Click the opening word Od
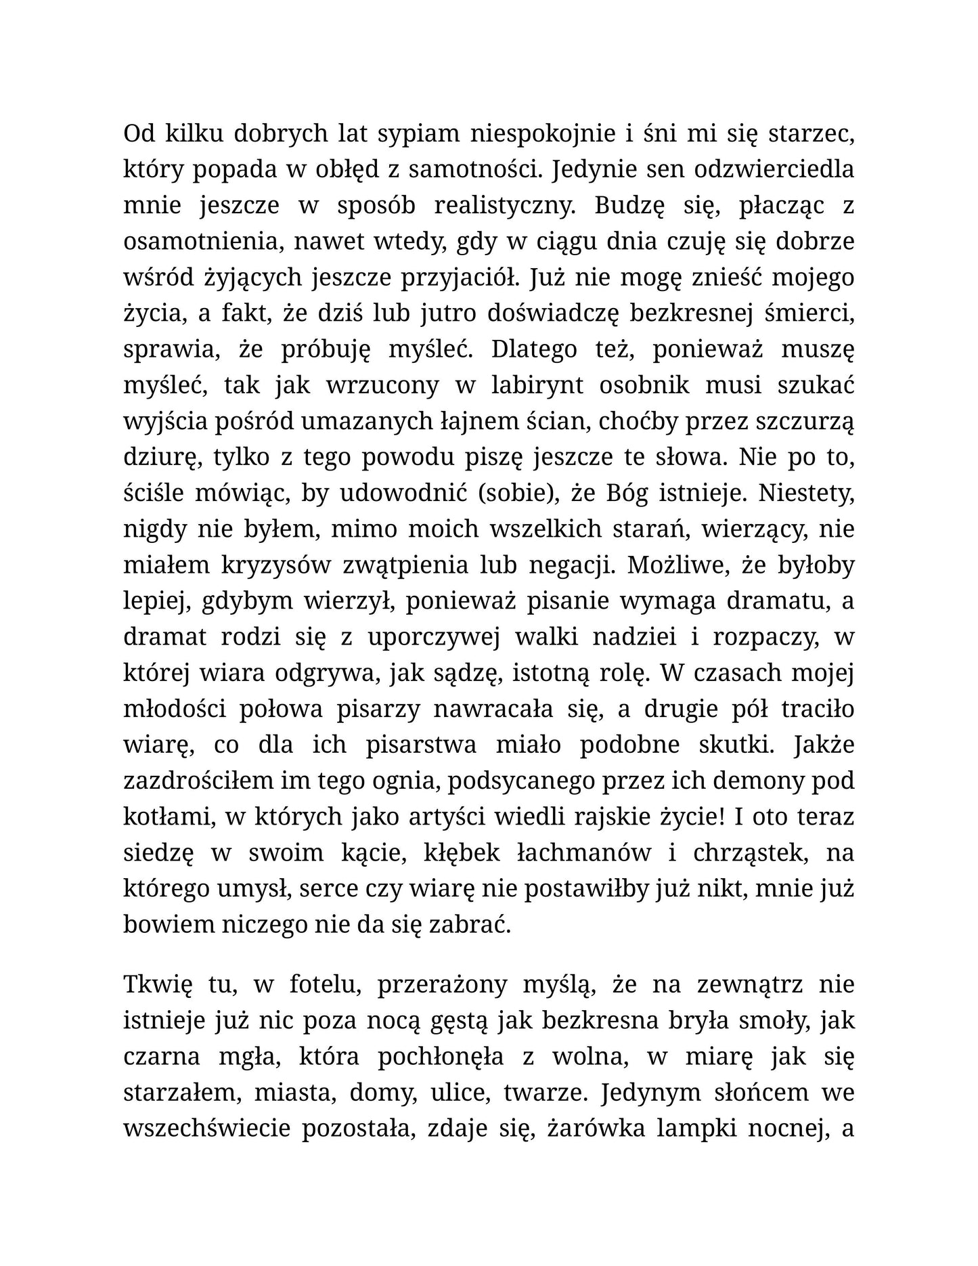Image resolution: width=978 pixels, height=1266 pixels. [139, 133]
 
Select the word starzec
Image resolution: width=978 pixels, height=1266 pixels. [812, 133]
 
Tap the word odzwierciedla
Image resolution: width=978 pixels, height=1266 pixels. [779, 169]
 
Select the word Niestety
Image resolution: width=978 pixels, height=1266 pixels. [807, 492]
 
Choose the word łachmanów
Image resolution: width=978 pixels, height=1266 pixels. [583, 852]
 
